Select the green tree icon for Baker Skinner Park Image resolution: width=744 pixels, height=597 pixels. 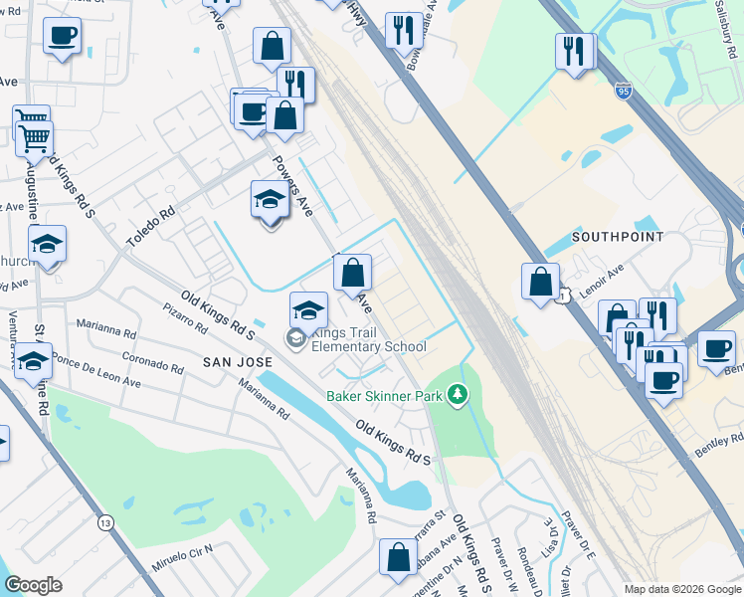click(458, 395)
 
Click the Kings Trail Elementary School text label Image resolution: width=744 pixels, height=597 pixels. click(368, 339)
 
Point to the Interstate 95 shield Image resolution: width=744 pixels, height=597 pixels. click(623, 92)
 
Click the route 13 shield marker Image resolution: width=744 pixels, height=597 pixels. click(105, 520)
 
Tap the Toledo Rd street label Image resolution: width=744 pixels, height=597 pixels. click(150, 227)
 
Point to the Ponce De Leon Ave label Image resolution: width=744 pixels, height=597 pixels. click(96, 369)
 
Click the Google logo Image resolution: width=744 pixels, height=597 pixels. click(33, 585)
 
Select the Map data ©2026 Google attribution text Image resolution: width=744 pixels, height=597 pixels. click(682, 589)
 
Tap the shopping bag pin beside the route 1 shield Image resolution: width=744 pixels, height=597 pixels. click(540, 282)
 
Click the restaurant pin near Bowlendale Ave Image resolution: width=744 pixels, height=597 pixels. click(402, 30)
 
